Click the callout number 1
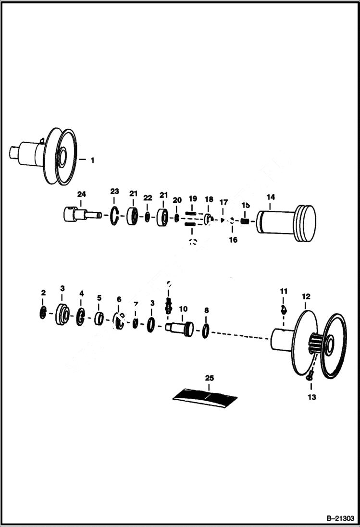pos(92,160)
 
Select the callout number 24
pos(82,194)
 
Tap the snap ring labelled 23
pos(114,215)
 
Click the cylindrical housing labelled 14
pos(286,224)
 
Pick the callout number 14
pos(271,197)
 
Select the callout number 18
pos(209,199)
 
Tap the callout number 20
pos(177,200)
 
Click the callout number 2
pos(43,293)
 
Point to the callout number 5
pos(99,298)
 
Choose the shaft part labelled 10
pos(180,328)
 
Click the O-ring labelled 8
pos(205,331)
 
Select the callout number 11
pos(284,291)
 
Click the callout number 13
pos(312,397)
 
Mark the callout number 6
pos(119,299)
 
